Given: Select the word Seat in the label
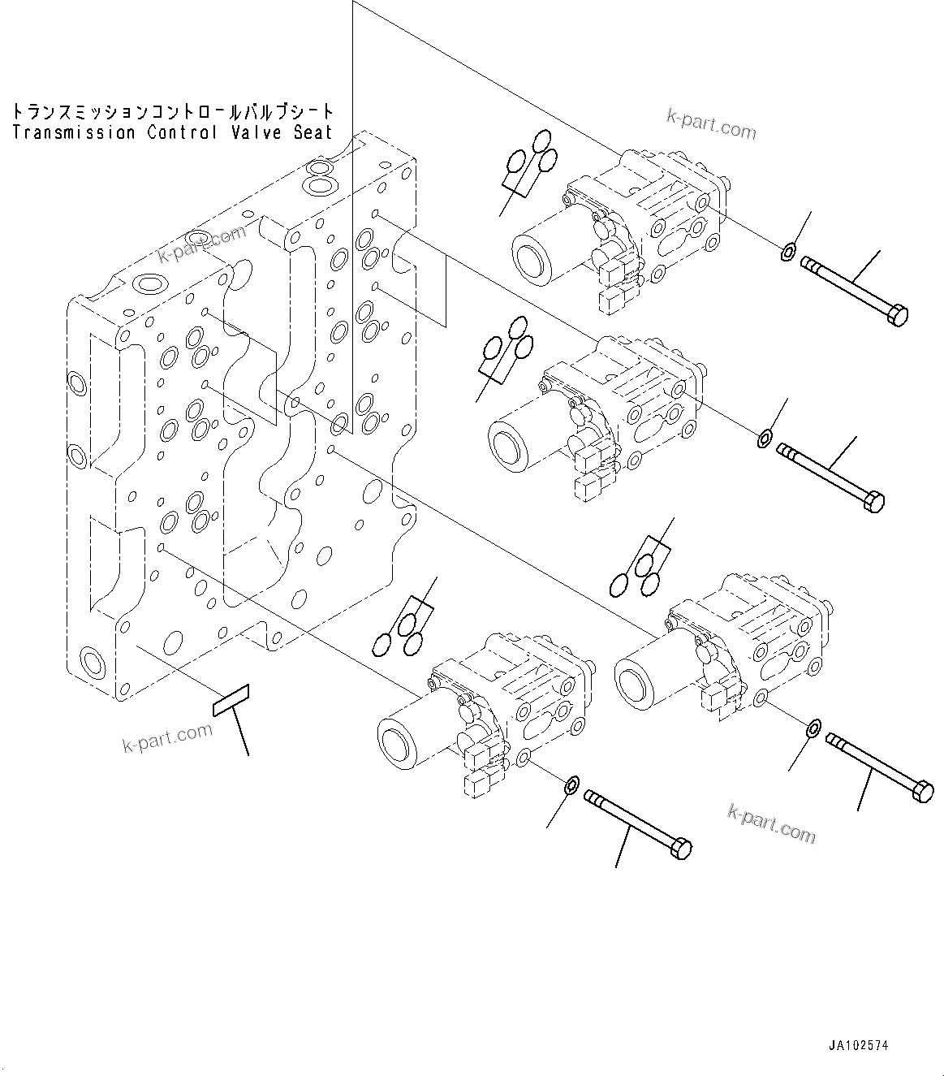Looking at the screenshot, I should point(313,132).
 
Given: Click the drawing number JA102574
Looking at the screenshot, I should point(859,1046).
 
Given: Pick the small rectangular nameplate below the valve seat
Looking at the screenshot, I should point(231,700).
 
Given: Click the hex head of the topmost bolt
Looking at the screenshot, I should point(898,314).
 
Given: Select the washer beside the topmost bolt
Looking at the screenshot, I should point(787,253).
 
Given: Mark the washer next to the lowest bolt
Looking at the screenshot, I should point(571,784).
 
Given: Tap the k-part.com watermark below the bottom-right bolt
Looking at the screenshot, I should point(771,823).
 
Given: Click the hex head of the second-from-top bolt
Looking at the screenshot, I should point(874,502).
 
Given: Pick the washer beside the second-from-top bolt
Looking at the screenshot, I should point(764,440).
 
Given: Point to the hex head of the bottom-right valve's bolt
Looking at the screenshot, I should point(923,791).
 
